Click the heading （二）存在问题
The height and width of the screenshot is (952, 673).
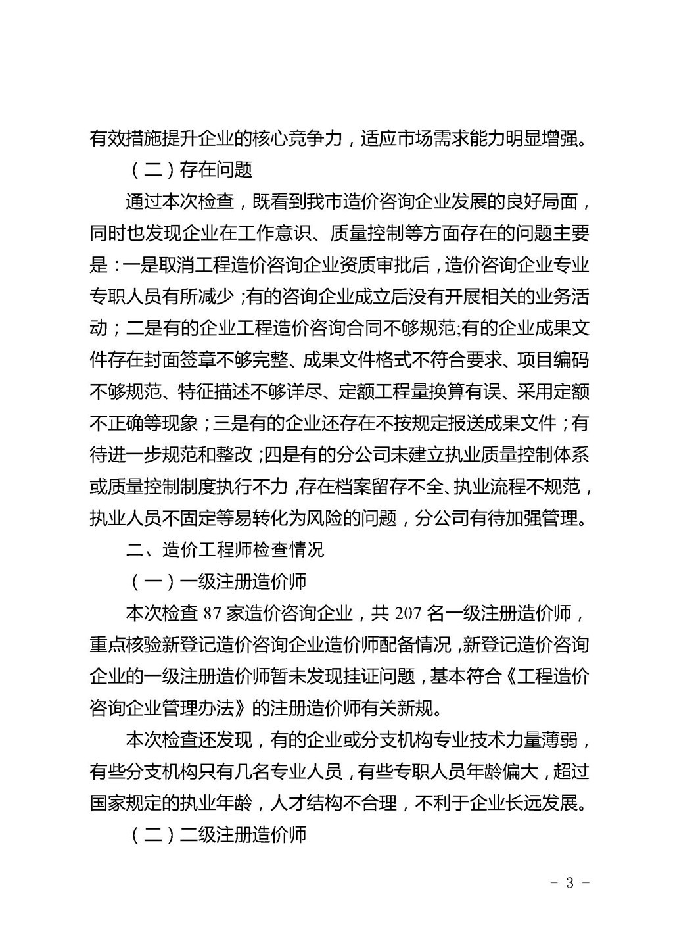(x=189, y=170)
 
